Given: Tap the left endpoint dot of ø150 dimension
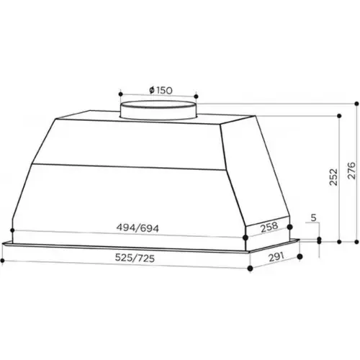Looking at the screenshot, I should [x=120, y=94].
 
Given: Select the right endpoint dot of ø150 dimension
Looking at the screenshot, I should [x=196, y=94].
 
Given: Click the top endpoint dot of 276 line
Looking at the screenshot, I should [x=357, y=102].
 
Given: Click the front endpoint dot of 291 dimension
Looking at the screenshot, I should [x=250, y=269].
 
